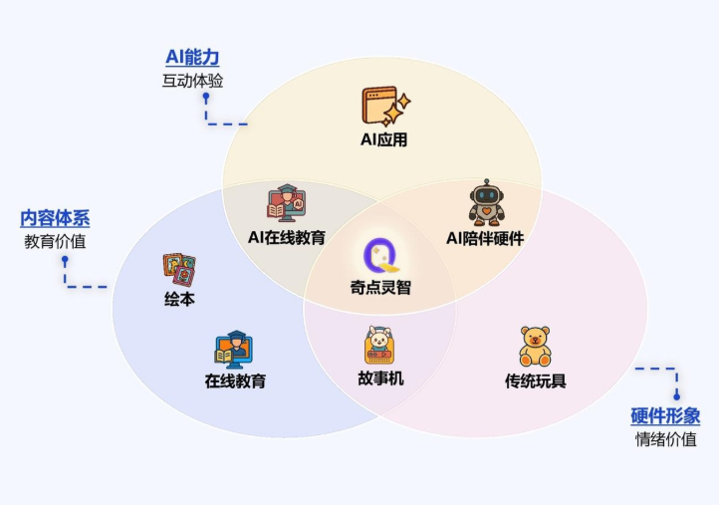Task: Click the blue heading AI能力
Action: click(x=192, y=57)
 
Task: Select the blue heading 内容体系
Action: click(x=55, y=218)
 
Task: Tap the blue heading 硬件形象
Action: click(x=665, y=416)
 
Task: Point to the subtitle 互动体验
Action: click(x=192, y=81)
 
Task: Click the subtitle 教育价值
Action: click(x=55, y=242)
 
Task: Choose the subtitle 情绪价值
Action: click(x=666, y=439)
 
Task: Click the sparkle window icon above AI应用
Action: click(x=386, y=107)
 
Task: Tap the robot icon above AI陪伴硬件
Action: click(x=487, y=202)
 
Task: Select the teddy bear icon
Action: click(x=535, y=347)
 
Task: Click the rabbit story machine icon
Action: click(x=379, y=346)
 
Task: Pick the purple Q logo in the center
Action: click(x=380, y=255)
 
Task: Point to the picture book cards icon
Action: click(x=179, y=270)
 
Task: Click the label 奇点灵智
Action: click(x=380, y=288)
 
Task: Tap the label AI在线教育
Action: click(x=287, y=238)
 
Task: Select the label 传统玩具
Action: click(x=536, y=380)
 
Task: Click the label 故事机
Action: click(x=380, y=379)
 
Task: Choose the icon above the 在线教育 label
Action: click(x=234, y=350)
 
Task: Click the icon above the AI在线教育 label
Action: click(x=287, y=203)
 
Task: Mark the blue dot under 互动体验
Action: click(x=206, y=97)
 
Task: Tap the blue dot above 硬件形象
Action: click(x=677, y=396)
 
